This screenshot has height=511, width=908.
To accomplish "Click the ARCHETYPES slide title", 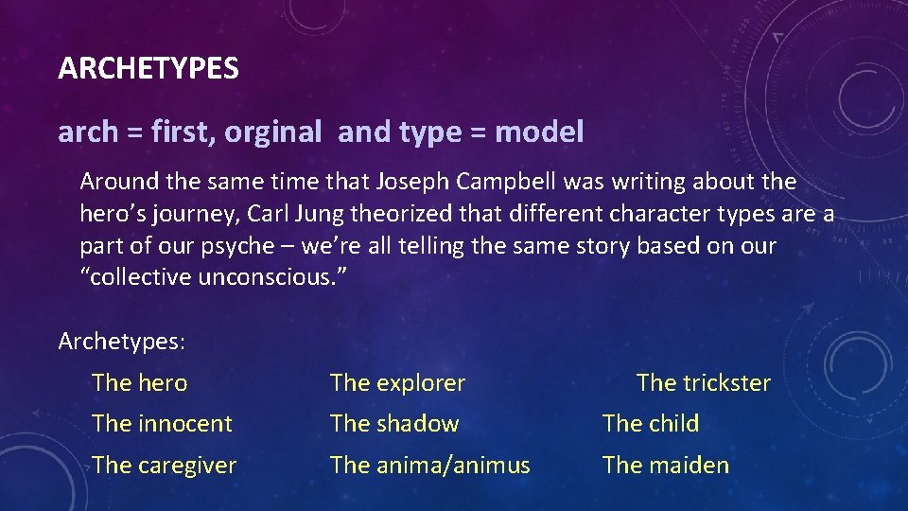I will click(x=148, y=69).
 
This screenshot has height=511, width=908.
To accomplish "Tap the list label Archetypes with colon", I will click(x=122, y=341).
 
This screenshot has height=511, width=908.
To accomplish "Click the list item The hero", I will click(x=140, y=383).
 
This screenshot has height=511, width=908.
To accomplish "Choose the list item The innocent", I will click(x=162, y=424).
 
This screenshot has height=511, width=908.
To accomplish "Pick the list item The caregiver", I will click(x=165, y=466).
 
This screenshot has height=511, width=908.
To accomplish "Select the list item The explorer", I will click(x=397, y=383).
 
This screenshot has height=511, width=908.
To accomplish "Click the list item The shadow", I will click(x=394, y=424).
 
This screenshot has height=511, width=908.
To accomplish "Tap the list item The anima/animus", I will click(x=429, y=466).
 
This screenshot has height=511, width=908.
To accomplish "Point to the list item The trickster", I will click(x=703, y=383).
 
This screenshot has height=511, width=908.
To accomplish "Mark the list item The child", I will click(x=651, y=424).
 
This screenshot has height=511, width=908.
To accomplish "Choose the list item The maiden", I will click(x=666, y=466).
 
